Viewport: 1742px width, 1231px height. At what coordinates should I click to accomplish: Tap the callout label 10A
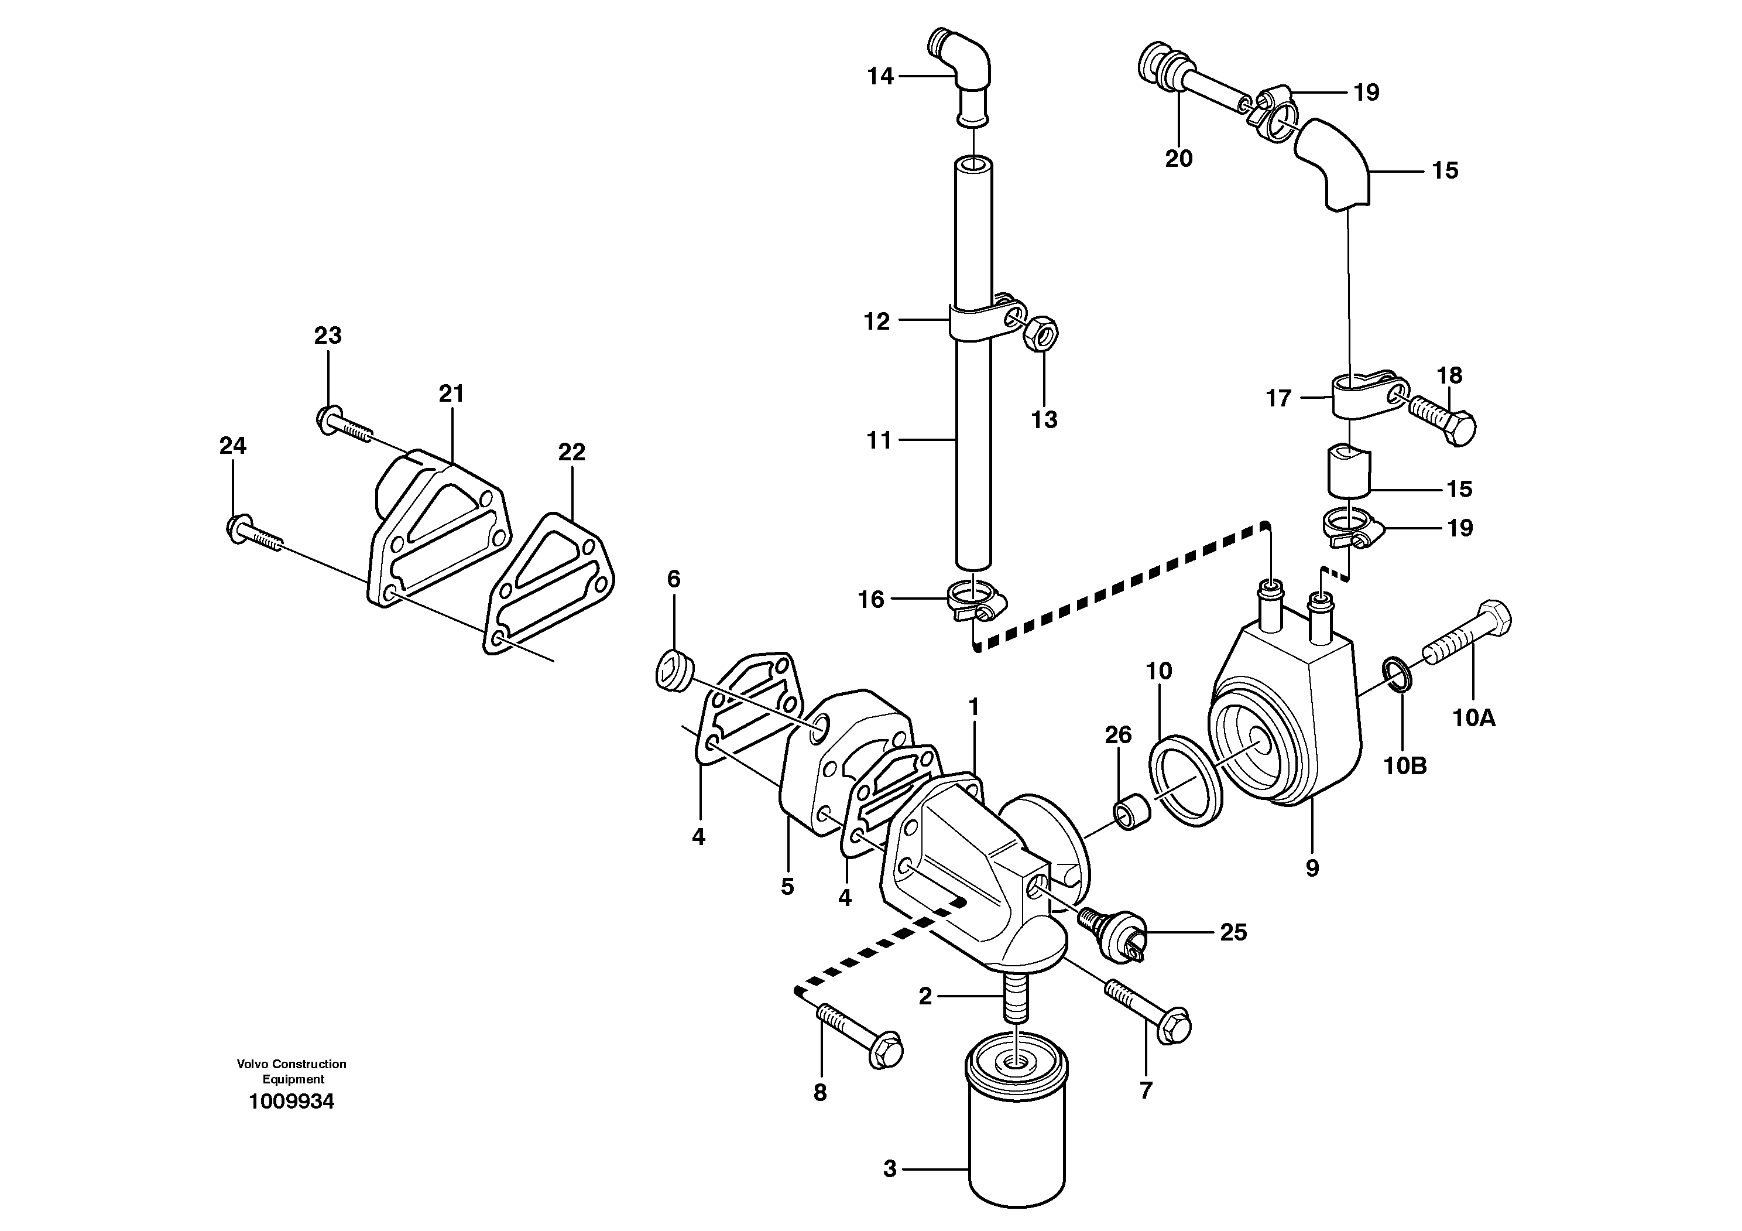(1473, 717)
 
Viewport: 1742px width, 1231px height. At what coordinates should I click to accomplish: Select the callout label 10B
(1405, 766)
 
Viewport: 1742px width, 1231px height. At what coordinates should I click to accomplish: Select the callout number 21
(451, 393)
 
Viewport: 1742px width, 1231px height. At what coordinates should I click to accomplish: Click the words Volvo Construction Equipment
(292, 1071)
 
